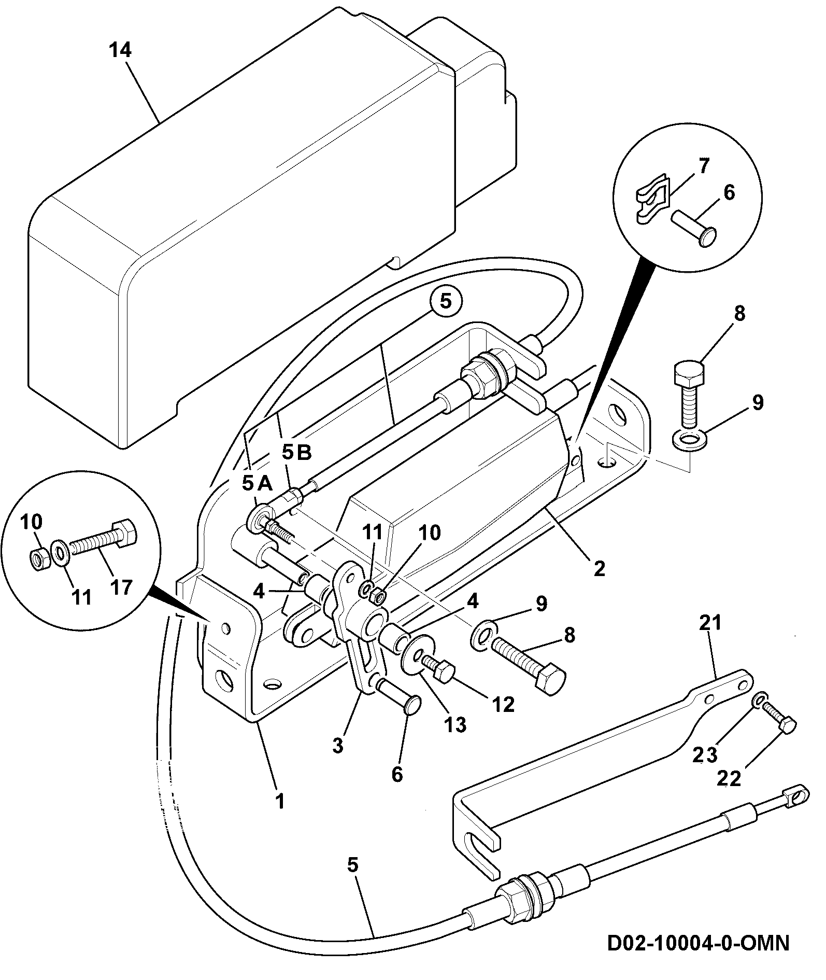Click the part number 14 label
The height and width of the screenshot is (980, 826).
click(120, 50)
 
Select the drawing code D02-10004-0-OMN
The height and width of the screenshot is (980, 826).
click(698, 942)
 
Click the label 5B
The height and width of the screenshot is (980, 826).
click(297, 452)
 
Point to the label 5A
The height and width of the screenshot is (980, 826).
click(257, 483)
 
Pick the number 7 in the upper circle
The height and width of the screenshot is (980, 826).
click(703, 166)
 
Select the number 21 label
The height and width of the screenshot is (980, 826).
click(710, 622)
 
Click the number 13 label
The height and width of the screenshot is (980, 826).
click(455, 724)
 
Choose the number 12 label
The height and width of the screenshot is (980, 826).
click(503, 704)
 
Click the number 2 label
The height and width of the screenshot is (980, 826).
click(599, 569)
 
